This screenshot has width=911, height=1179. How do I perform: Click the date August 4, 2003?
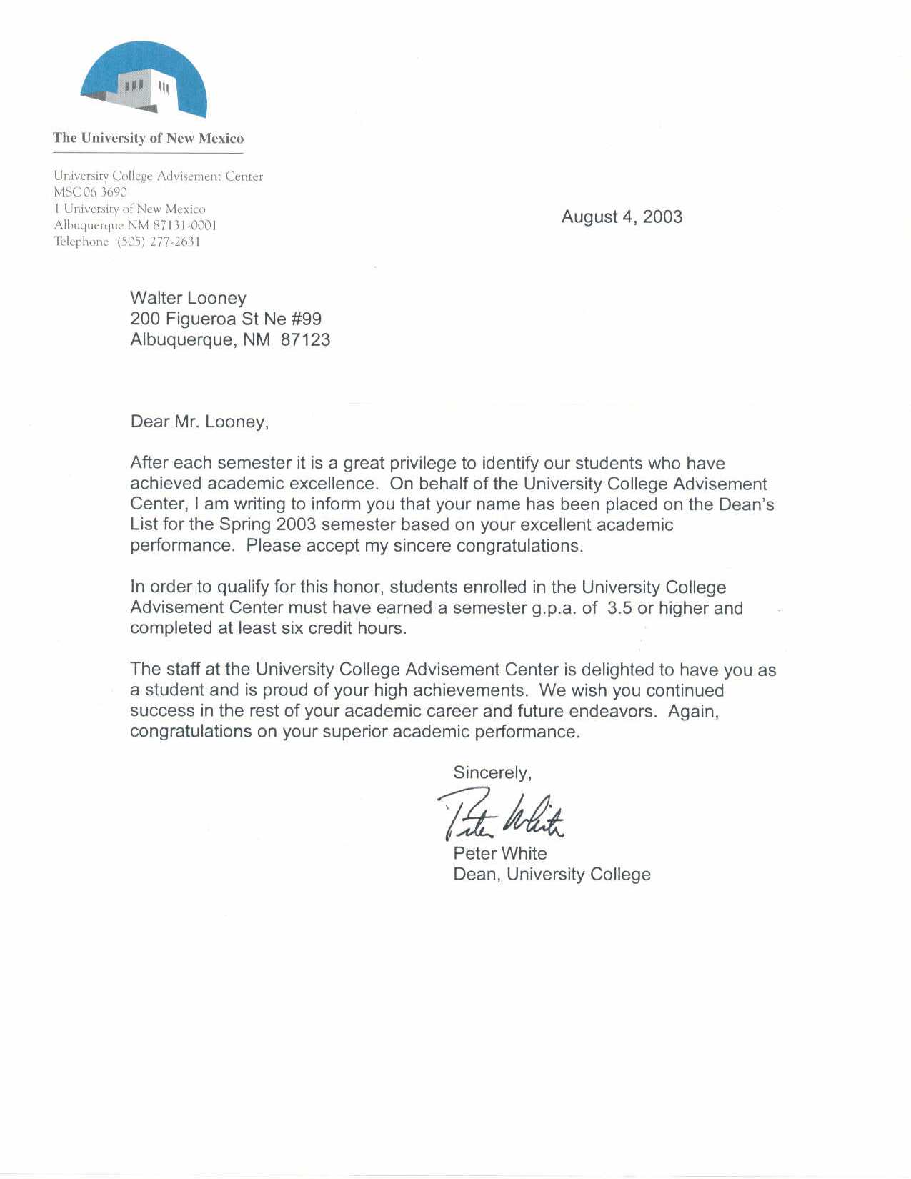(622, 217)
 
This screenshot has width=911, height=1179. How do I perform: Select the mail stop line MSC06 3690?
(90, 192)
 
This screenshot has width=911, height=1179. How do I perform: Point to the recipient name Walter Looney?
(188, 298)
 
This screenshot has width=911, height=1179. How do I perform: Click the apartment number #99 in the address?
(307, 319)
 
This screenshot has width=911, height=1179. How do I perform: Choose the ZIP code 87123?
(305, 339)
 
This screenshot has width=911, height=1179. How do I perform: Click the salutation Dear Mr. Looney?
(199, 422)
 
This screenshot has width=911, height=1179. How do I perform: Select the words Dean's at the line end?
(746, 504)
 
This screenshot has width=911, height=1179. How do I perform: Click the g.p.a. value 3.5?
(619, 608)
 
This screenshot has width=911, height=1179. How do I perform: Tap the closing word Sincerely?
(492, 772)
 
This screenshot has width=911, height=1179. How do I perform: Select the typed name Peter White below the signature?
(499, 853)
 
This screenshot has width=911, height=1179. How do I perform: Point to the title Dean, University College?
(552, 874)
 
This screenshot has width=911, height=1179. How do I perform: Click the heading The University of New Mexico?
(148, 139)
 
